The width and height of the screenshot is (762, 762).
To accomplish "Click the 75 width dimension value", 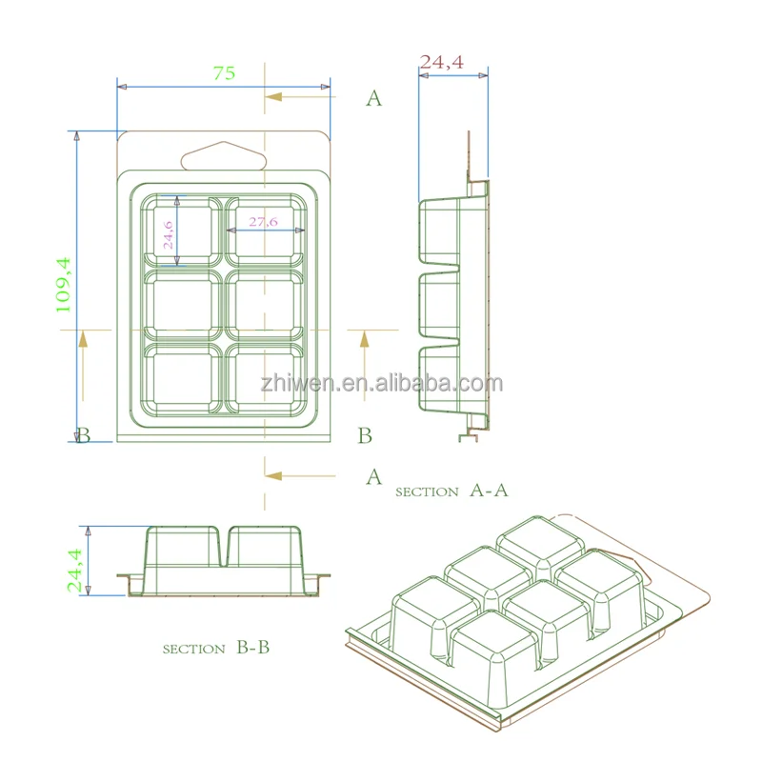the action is click(224, 73).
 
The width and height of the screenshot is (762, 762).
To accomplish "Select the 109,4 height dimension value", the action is click(63, 285).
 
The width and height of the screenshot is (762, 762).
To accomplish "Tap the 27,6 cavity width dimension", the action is click(263, 222).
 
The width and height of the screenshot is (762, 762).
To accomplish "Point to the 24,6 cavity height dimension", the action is click(168, 234).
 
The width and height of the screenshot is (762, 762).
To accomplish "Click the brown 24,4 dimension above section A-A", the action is click(441, 62).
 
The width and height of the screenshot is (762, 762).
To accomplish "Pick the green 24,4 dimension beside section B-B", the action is click(74, 571).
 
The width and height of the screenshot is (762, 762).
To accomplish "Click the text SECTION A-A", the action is click(451, 491).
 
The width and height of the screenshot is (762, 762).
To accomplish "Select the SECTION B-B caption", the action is click(216, 648).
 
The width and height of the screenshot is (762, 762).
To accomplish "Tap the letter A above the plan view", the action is click(373, 99).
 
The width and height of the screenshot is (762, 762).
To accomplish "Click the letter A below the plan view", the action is click(373, 477).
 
